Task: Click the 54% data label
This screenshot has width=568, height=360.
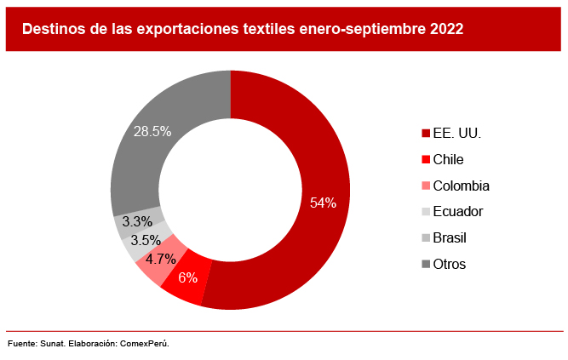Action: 323,203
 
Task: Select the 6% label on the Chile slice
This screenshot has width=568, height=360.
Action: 187,277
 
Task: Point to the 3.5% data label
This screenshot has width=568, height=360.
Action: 146,240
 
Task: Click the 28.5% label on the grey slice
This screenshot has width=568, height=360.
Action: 152,131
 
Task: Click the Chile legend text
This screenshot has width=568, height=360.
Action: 448,159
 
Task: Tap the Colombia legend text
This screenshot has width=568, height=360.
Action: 461,186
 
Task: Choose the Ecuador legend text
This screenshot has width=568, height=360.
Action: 458,211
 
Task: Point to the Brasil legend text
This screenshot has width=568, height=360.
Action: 450,237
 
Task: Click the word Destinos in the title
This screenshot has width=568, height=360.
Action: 54,29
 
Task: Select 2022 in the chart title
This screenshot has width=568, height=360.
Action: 446,29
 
